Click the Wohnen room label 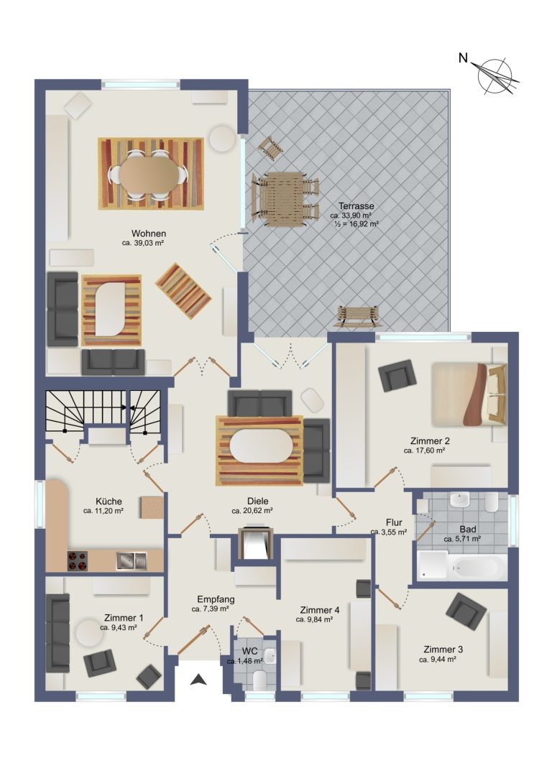click(x=149, y=234)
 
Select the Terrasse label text click(x=356, y=206)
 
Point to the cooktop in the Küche click(x=77, y=561)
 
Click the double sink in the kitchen click(x=132, y=561)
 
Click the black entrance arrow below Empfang click(x=198, y=679)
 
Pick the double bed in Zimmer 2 click(x=469, y=394)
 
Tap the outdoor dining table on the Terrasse click(x=284, y=199)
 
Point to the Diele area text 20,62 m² click(x=252, y=511)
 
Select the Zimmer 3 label click(x=443, y=650)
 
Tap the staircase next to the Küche click(x=104, y=412)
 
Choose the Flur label click(x=394, y=522)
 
